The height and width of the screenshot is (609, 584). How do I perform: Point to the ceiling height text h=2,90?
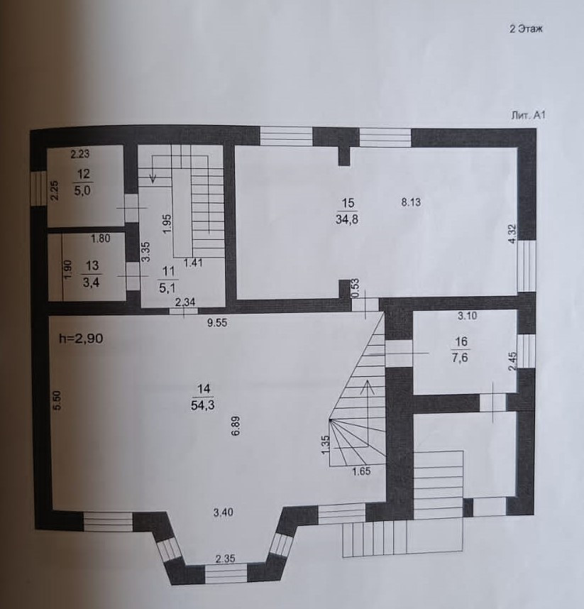(x=82, y=339)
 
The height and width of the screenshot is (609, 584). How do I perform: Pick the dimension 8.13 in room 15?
(x=412, y=202)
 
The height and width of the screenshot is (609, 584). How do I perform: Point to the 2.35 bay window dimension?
(x=226, y=558)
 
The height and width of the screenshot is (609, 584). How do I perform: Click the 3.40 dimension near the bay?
(x=226, y=510)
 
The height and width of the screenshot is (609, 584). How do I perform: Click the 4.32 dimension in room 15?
(x=512, y=234)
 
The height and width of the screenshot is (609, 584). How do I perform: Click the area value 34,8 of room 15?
(x=347, y=219)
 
